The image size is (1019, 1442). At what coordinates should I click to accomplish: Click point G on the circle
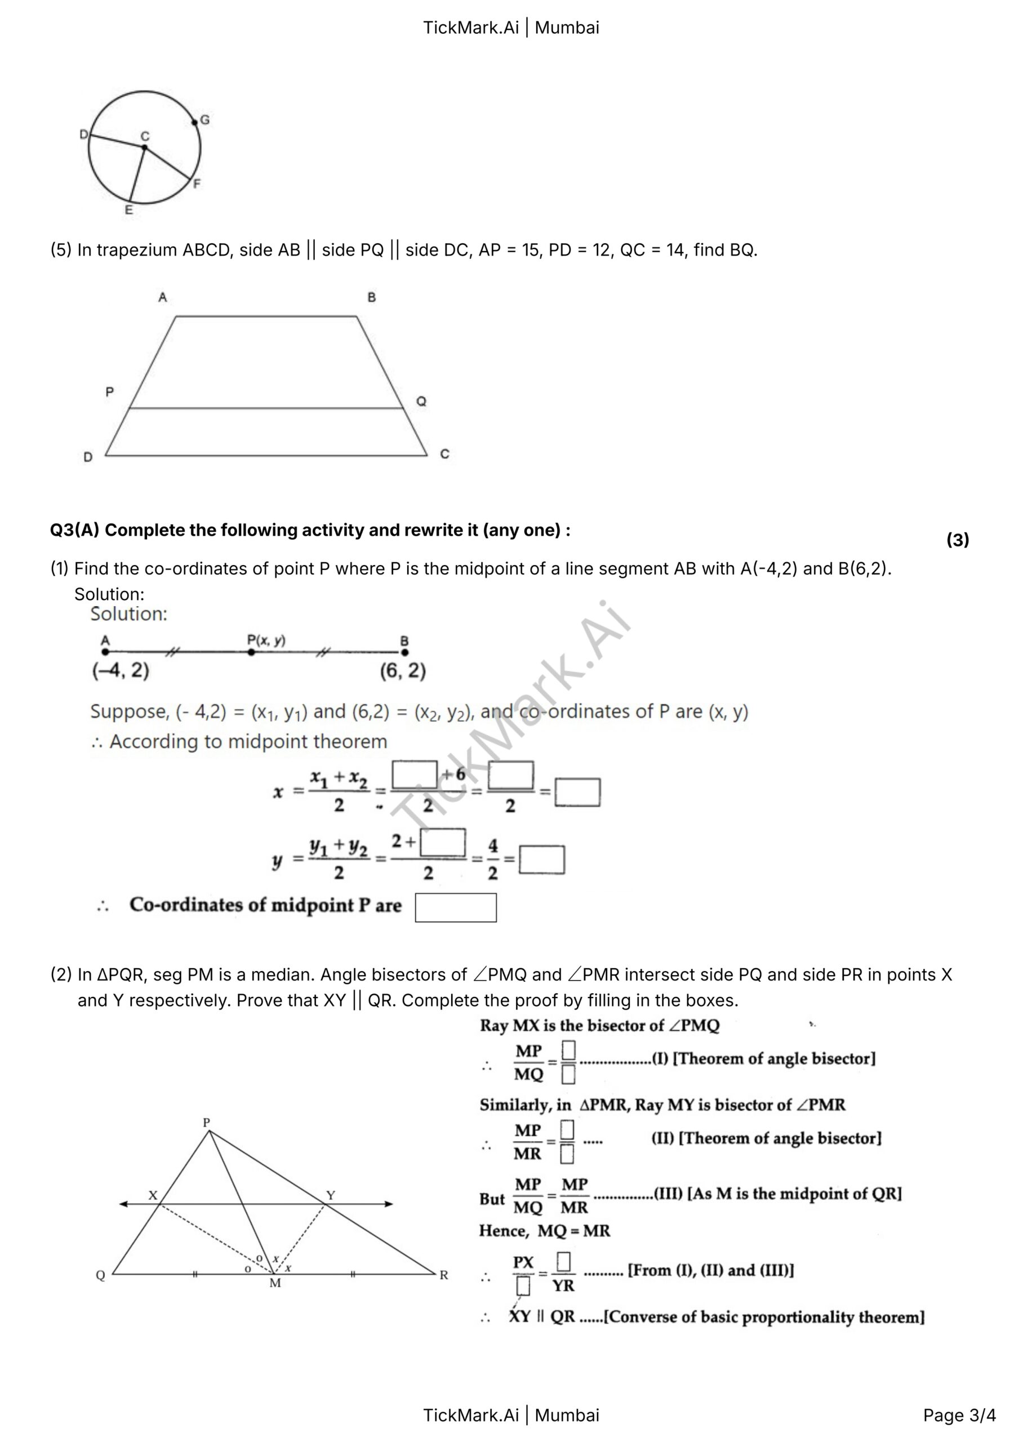pyautogui.click(x=195, y=121)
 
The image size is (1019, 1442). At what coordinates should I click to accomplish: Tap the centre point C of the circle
pyautogui.click(x=144, y=148)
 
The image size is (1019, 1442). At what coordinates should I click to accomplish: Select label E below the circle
pyautogui.click(x=129, y=211)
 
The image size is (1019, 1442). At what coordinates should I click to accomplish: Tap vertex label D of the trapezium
pyautogui.click(x=88, y=457)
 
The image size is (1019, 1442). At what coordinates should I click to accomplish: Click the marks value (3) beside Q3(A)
pyautogui.click(x=958, y=540)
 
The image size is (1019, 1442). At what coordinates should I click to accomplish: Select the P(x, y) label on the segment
pyautogui.click(x=266, y=640)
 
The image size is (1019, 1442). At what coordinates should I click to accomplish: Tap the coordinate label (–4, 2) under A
pyautogui.click(x=121, y=671)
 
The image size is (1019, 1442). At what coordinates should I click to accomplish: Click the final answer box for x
pyautogui.click(x=577, y=792)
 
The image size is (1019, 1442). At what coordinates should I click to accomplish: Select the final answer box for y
pyautogui.click(x=541, y=860)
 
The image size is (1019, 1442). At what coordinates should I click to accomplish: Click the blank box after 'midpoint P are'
pyautogui.click(x=456, y=907)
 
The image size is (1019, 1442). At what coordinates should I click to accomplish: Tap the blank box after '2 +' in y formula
pyautogui.click(x=443, y=842)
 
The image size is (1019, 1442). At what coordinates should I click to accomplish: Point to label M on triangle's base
pyautogui.click(x=275, y=1283)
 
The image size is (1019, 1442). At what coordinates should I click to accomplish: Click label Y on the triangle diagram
pyautogui.click(x=331, y=1195)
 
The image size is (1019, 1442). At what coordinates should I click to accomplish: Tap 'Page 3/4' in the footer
pyautogui.click(x=959, y=1415)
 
